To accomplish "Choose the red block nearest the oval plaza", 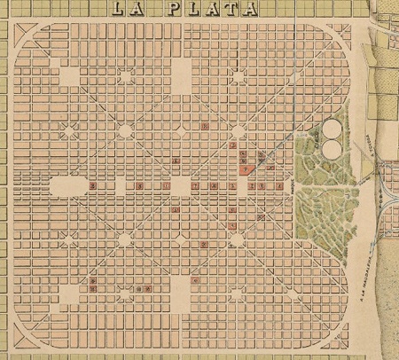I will pos(94,186).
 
